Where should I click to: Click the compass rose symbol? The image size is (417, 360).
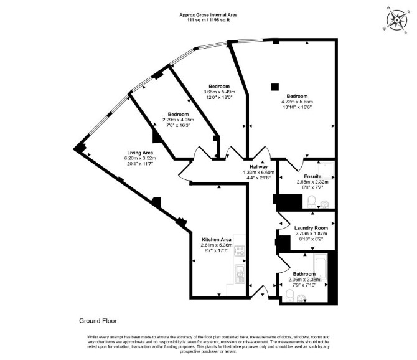(396, 20)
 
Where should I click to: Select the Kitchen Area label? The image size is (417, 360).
(217, 239)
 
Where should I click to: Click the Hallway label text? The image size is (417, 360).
(258, 167)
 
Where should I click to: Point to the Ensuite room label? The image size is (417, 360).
(312, 176)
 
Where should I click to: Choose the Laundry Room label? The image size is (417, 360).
(311, 228)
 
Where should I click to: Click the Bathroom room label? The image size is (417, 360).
(304, 274)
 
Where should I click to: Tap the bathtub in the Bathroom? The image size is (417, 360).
(320, 268)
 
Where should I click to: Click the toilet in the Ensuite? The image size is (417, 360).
(311, 202)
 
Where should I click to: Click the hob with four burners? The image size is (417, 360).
(240, 250)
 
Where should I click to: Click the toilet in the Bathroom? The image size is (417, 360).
(289, 296)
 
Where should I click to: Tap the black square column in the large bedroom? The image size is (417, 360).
(275, 87)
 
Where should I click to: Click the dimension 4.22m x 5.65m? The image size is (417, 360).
(297, 102)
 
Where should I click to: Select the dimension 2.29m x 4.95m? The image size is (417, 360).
(178, 120)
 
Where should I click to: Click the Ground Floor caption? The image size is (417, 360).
(98, 321)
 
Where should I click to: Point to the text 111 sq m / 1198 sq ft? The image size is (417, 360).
(208, 20)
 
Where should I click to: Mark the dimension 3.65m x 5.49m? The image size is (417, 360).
(219, 92)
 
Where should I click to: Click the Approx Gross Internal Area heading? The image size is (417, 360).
(208, 15)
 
